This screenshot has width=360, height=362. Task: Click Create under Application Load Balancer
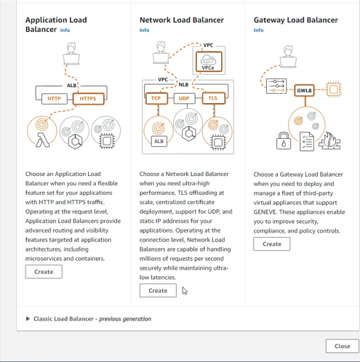tap(44, 272)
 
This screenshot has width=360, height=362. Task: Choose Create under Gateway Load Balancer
tap(272, 244)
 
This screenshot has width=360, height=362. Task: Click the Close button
tap(343, 346)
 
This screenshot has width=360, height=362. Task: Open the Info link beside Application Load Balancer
tap(65, 30)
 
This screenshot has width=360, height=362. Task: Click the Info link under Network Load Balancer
tap(144, 30)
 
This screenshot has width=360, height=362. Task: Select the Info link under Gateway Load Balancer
tap(258, 30)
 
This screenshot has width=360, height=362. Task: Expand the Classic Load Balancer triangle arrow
tap(28, 318)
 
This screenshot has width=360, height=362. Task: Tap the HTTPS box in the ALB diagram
tap(89, 99)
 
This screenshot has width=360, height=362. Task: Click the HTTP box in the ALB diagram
tap(55, 99)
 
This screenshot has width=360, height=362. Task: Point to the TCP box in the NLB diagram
tap(156, 98)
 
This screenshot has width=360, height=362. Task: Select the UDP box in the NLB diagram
tap(184, 98)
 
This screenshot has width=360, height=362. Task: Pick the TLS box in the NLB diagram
tap(214, 98)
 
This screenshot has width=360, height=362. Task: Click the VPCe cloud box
tap(209, 62)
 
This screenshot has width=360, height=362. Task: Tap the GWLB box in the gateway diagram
tap(305, 90)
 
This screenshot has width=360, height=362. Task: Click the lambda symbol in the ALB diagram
tap(43, 140)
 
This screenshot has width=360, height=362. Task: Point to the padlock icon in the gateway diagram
tap(284, 140)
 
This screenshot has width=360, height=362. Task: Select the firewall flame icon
tap(329, 140)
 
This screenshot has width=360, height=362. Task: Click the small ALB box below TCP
tap(159, 141)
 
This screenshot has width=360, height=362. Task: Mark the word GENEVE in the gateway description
tap(265, 212)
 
